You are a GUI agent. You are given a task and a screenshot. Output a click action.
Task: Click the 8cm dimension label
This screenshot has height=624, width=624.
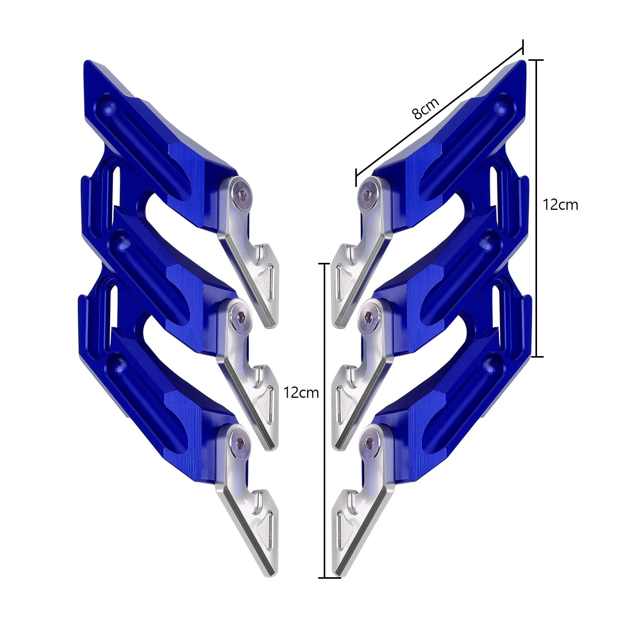(425, 108)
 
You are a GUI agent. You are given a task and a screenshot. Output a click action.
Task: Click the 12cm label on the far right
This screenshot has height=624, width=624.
(560, 205)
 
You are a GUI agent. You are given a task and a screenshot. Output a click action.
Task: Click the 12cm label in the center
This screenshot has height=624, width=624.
(301, 392)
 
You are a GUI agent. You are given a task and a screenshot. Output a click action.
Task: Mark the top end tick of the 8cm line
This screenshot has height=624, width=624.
(522, 45)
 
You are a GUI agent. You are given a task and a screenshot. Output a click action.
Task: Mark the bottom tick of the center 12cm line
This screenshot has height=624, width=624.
(325, 578)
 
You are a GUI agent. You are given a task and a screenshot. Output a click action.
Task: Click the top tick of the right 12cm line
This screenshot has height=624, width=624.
(538, 60)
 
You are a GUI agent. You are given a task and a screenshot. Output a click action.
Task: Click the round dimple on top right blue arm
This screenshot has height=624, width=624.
(503, 105)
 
